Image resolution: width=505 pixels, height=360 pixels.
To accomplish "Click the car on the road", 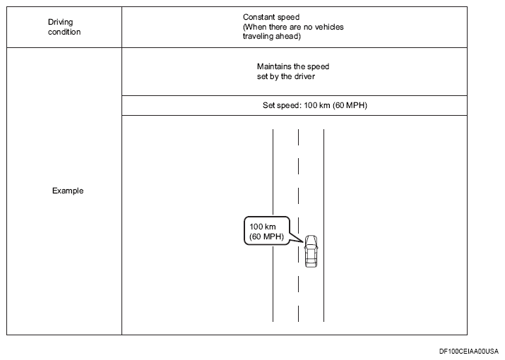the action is click(311, 251).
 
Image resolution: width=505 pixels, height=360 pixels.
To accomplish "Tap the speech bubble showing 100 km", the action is click(267, 231).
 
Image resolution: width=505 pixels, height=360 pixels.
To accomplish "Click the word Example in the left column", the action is click(68, 191).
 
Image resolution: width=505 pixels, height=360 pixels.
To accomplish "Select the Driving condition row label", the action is click(64, 27).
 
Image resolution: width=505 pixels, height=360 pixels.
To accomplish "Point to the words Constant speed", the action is click(271, 17).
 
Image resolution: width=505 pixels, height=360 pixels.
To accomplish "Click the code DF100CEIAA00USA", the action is click(468, 351).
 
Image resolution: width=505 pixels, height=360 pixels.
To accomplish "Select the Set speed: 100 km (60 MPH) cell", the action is click(315, 105).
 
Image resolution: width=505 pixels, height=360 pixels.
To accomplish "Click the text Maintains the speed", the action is click(292, 66).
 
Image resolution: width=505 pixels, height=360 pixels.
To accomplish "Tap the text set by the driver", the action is click(285, 76).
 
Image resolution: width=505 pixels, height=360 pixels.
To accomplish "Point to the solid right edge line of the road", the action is click(323, 225).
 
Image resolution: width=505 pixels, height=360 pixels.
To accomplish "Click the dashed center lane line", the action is click(298, 225).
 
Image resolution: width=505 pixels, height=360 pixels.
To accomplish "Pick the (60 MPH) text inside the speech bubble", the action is click(266, 236).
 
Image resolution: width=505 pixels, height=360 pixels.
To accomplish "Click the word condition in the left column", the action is click(64, 32).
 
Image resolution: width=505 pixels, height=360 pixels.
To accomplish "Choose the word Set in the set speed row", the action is click(268, 105).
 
